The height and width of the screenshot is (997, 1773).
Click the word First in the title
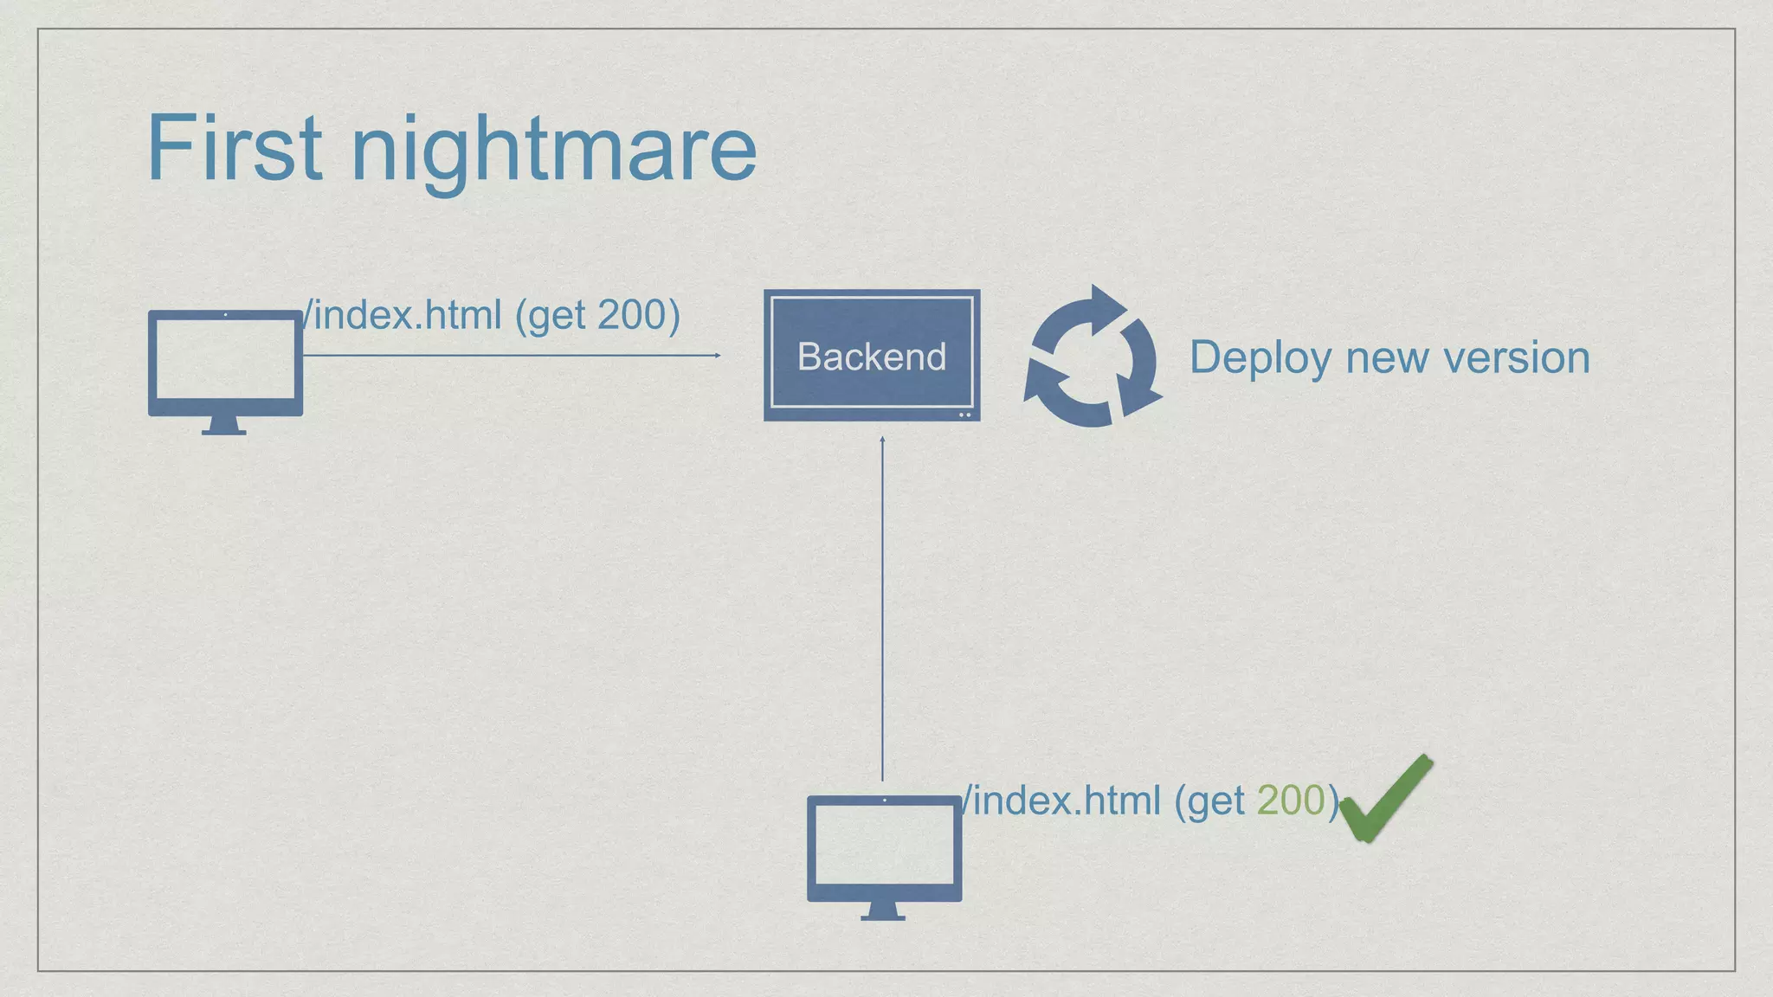point(235,148)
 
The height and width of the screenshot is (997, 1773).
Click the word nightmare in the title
point(553,151)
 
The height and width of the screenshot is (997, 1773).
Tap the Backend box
point(871,355)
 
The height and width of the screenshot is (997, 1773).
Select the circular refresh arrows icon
point(1092,357)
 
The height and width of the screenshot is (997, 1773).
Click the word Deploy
point(1260,358)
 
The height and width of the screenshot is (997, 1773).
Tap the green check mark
point(1385,799)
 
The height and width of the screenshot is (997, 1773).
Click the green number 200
point(1291,800)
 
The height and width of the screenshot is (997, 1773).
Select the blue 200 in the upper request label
point(631,314)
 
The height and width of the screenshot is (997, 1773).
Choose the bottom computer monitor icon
point(884,848)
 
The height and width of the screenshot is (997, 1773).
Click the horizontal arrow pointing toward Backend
point(511,355)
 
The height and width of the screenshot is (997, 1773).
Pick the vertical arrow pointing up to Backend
point(882,606)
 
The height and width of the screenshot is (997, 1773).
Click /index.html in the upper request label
point(402,314)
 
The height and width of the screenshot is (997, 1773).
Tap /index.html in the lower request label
point(1061,800)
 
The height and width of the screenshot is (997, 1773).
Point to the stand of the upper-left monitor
point(224,426)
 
